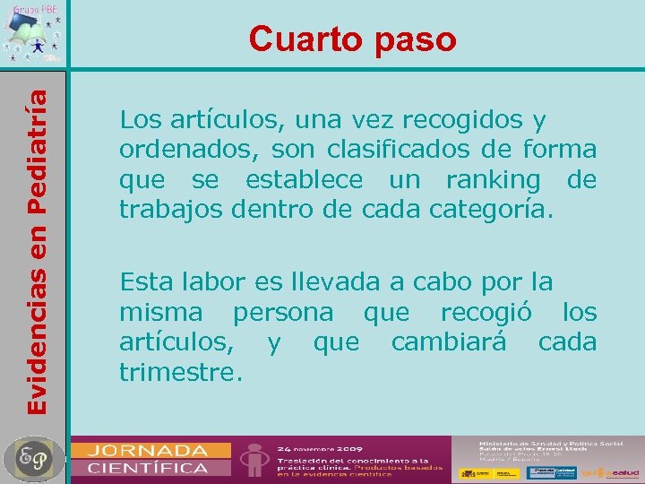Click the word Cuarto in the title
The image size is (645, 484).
pos(302,39)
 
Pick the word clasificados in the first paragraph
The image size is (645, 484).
pos(392,149)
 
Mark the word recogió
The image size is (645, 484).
pos(487,312)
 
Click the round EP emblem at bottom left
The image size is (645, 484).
pos(34,459)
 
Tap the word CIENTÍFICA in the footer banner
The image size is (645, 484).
pos(147,467)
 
